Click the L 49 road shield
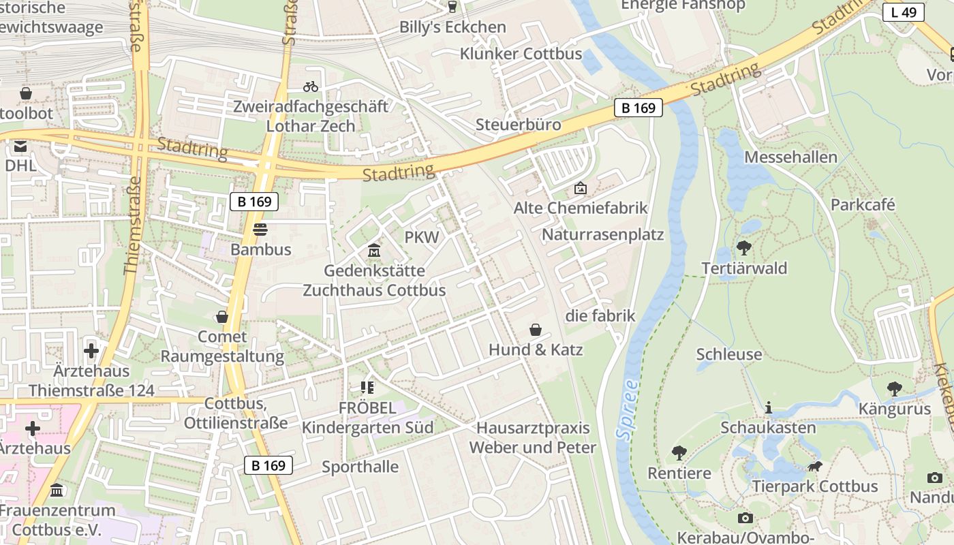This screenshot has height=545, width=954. point(904,12)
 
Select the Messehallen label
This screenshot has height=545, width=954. point(790,157)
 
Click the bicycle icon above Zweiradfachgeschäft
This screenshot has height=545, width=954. point(311,87)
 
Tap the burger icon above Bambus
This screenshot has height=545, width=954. point(260,230)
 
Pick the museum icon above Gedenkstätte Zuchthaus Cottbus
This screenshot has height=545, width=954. point(373,251)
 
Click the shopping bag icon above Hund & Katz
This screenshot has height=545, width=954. point(536,330)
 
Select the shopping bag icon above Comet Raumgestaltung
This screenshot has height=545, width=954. point(222,317)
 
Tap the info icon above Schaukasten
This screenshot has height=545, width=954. point(769,407)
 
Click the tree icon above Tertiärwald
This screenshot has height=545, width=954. point(744,248)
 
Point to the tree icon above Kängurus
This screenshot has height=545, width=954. point(894,389)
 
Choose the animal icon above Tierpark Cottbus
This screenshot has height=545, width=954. point(815,467)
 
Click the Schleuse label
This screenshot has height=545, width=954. point(729,354)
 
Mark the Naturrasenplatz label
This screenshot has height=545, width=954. point(602,235)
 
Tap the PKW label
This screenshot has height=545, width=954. point(422,237)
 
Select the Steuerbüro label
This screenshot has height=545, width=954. point(519,125)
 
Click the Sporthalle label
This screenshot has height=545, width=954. point(360,467)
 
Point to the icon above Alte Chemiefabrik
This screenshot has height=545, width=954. point(581,187)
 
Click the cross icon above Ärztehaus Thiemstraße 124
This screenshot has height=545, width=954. point(91,351)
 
